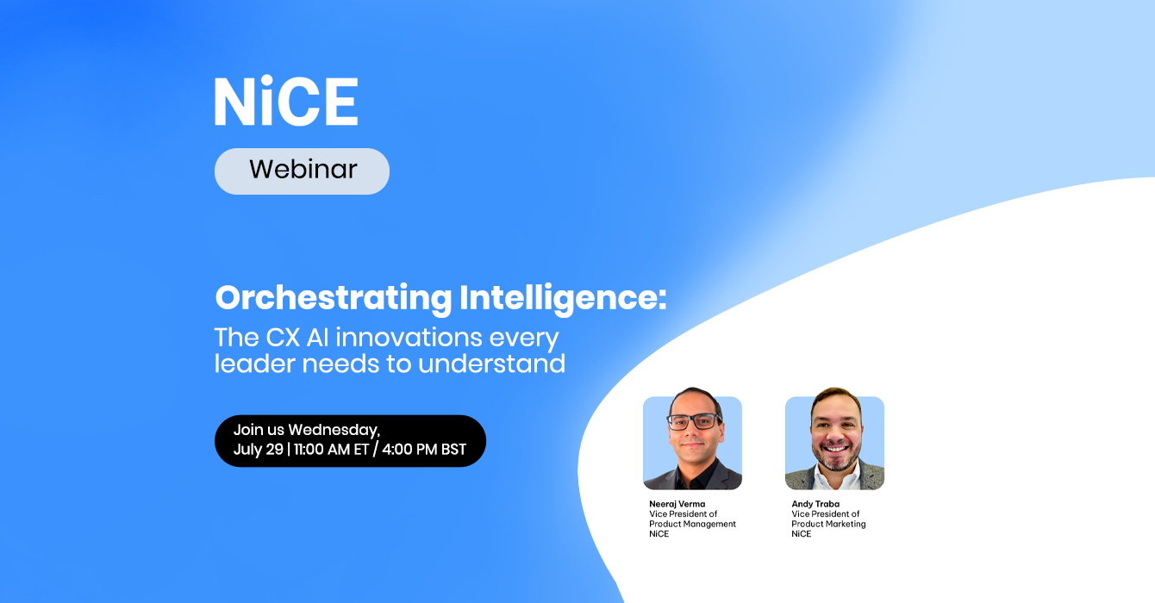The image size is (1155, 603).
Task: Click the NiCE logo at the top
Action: point(286,101)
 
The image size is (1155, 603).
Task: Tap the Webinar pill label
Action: point(303,171)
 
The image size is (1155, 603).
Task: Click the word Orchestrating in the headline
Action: point(334,298)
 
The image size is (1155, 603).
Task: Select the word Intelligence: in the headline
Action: point(563,298)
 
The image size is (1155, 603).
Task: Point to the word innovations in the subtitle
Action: point(409,338)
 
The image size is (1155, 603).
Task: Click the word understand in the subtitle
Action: point(492,364)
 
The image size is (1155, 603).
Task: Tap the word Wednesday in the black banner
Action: point(334,431)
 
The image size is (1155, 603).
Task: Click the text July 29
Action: point(259,450)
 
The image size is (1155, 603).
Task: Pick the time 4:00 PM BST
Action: point(424,450)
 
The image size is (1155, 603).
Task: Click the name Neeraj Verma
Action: point(677,504)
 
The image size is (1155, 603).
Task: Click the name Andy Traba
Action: point(815,504)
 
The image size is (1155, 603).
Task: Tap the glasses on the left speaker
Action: point(695,421)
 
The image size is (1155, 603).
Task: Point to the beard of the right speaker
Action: point(835,456)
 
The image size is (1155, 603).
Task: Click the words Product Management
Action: point(692,524)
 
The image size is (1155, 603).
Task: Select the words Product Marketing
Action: point(828,524)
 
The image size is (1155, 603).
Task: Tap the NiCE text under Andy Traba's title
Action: point(802,534)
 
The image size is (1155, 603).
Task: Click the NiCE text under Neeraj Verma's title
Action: point(659,534)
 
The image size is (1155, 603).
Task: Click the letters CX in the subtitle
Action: point(283,338)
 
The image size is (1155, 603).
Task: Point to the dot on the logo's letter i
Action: point(266,81)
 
